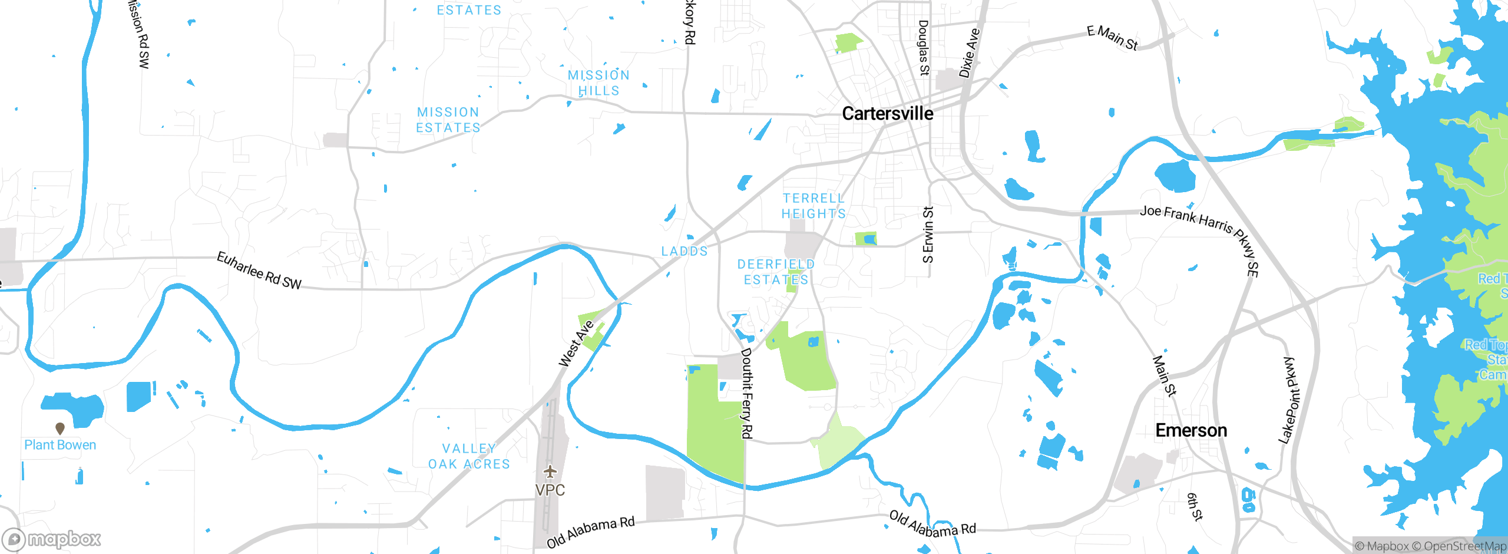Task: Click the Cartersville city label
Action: (887, 113)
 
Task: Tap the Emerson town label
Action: (1191, 430)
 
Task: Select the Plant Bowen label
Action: (60, 445)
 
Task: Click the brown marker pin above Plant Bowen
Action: (60, 428)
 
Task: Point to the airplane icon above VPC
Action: (550, 471)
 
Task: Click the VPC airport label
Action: (550, 490)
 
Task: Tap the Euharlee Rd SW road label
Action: (259, 271)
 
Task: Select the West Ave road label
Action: (576, 344)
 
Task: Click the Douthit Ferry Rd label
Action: (746, 393)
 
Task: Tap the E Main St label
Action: (1112, 38)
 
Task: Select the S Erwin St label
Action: (928, 235)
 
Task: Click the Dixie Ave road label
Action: (969, 53)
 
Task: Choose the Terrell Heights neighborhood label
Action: (813, 206)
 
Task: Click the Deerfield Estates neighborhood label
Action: (776, 272)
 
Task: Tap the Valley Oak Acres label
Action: (469, 456)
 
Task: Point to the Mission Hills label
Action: (598, 83)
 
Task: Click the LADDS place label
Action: (684, 251)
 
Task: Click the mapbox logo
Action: (52, 539)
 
